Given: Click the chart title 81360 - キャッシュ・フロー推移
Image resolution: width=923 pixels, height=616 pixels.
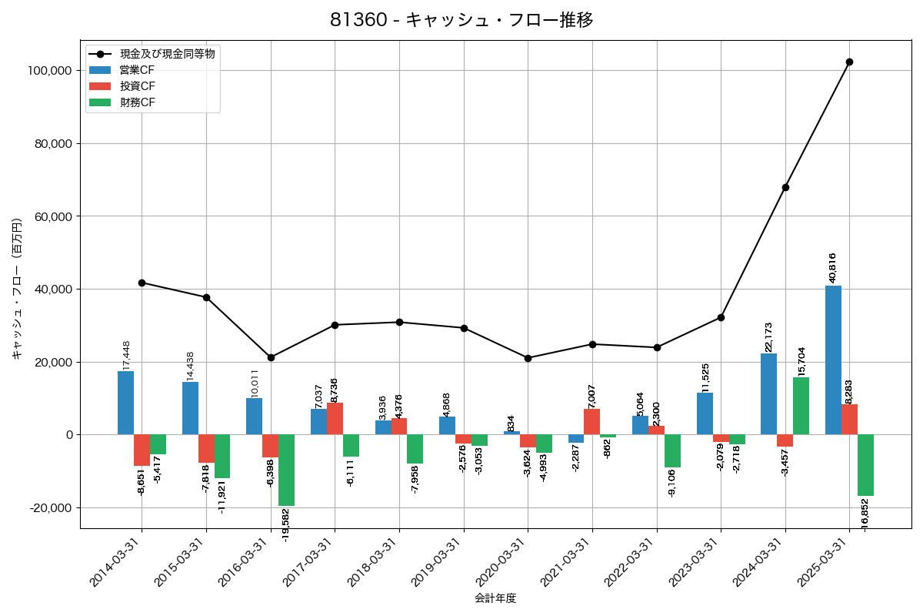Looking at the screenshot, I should point(461,20).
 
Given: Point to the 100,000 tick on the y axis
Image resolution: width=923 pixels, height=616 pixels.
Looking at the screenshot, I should point(49,71).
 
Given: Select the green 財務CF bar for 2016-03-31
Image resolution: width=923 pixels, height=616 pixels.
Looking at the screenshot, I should point(286,470).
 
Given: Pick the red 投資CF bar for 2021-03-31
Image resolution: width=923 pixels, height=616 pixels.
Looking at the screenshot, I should point(591,422).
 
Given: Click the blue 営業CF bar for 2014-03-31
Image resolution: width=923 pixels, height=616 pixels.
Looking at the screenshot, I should point(125,403).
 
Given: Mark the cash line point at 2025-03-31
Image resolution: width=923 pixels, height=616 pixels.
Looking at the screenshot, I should point(849,62).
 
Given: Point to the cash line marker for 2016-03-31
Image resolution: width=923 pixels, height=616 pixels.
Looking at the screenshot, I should point(271,357).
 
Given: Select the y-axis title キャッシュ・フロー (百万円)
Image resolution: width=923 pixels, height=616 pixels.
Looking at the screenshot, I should point(17,289).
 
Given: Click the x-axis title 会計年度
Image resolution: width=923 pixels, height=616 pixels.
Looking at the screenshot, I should point(495,598).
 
